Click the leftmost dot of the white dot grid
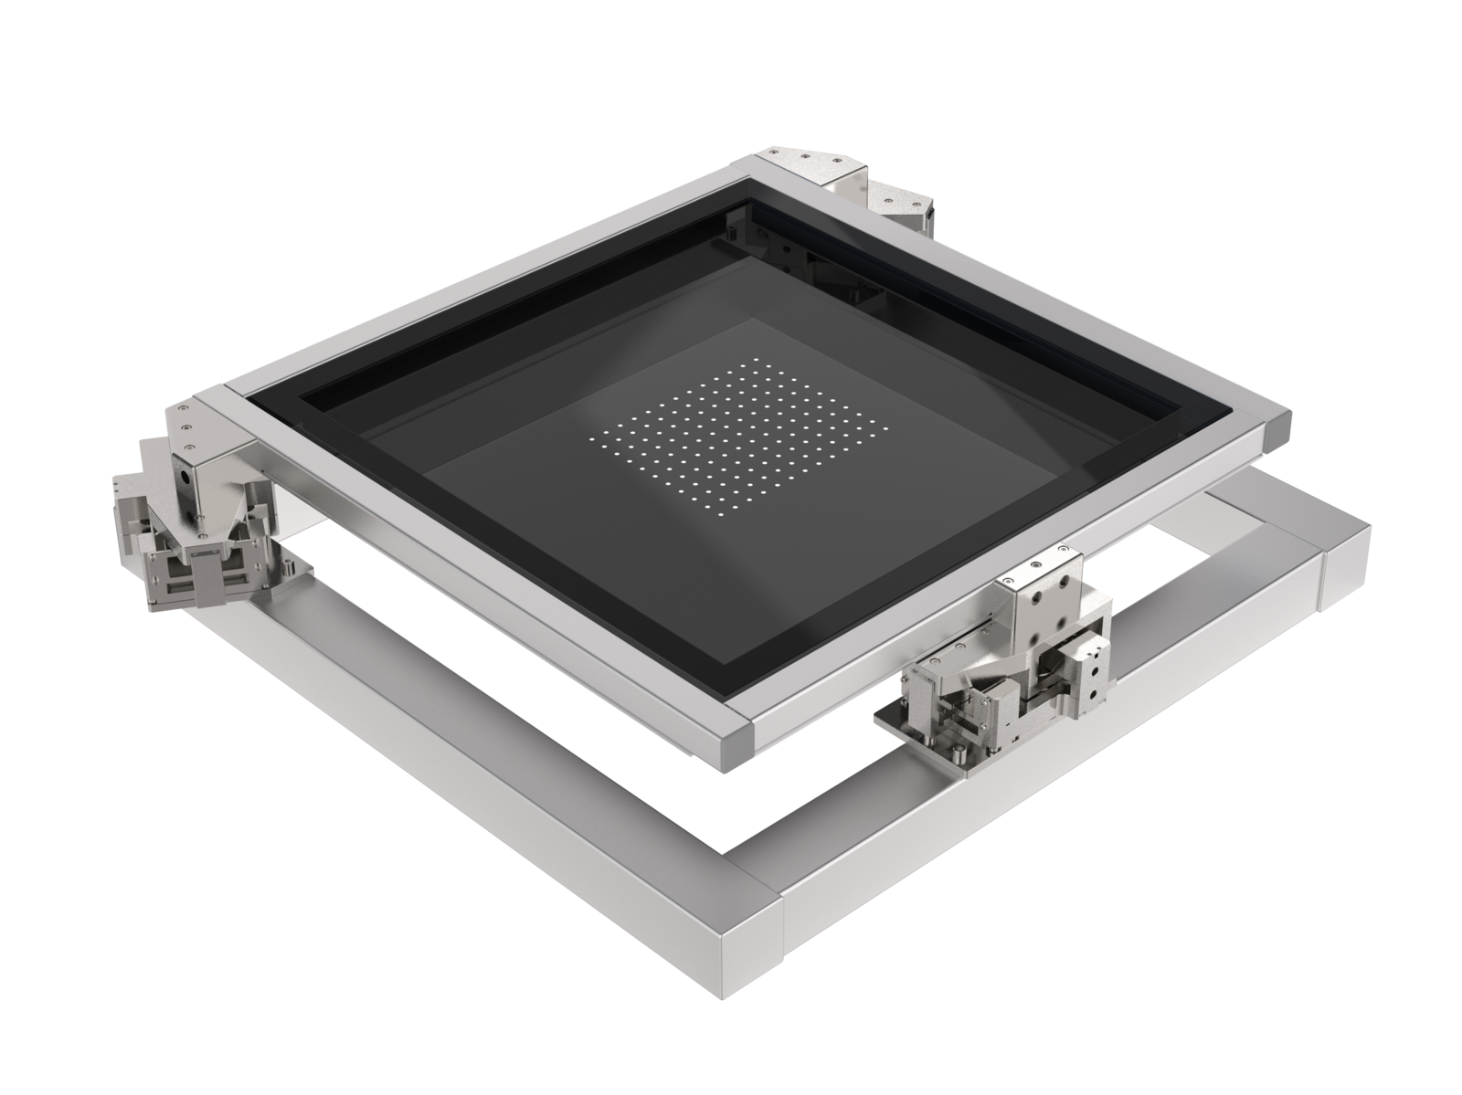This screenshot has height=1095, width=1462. (x=596, y=437)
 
